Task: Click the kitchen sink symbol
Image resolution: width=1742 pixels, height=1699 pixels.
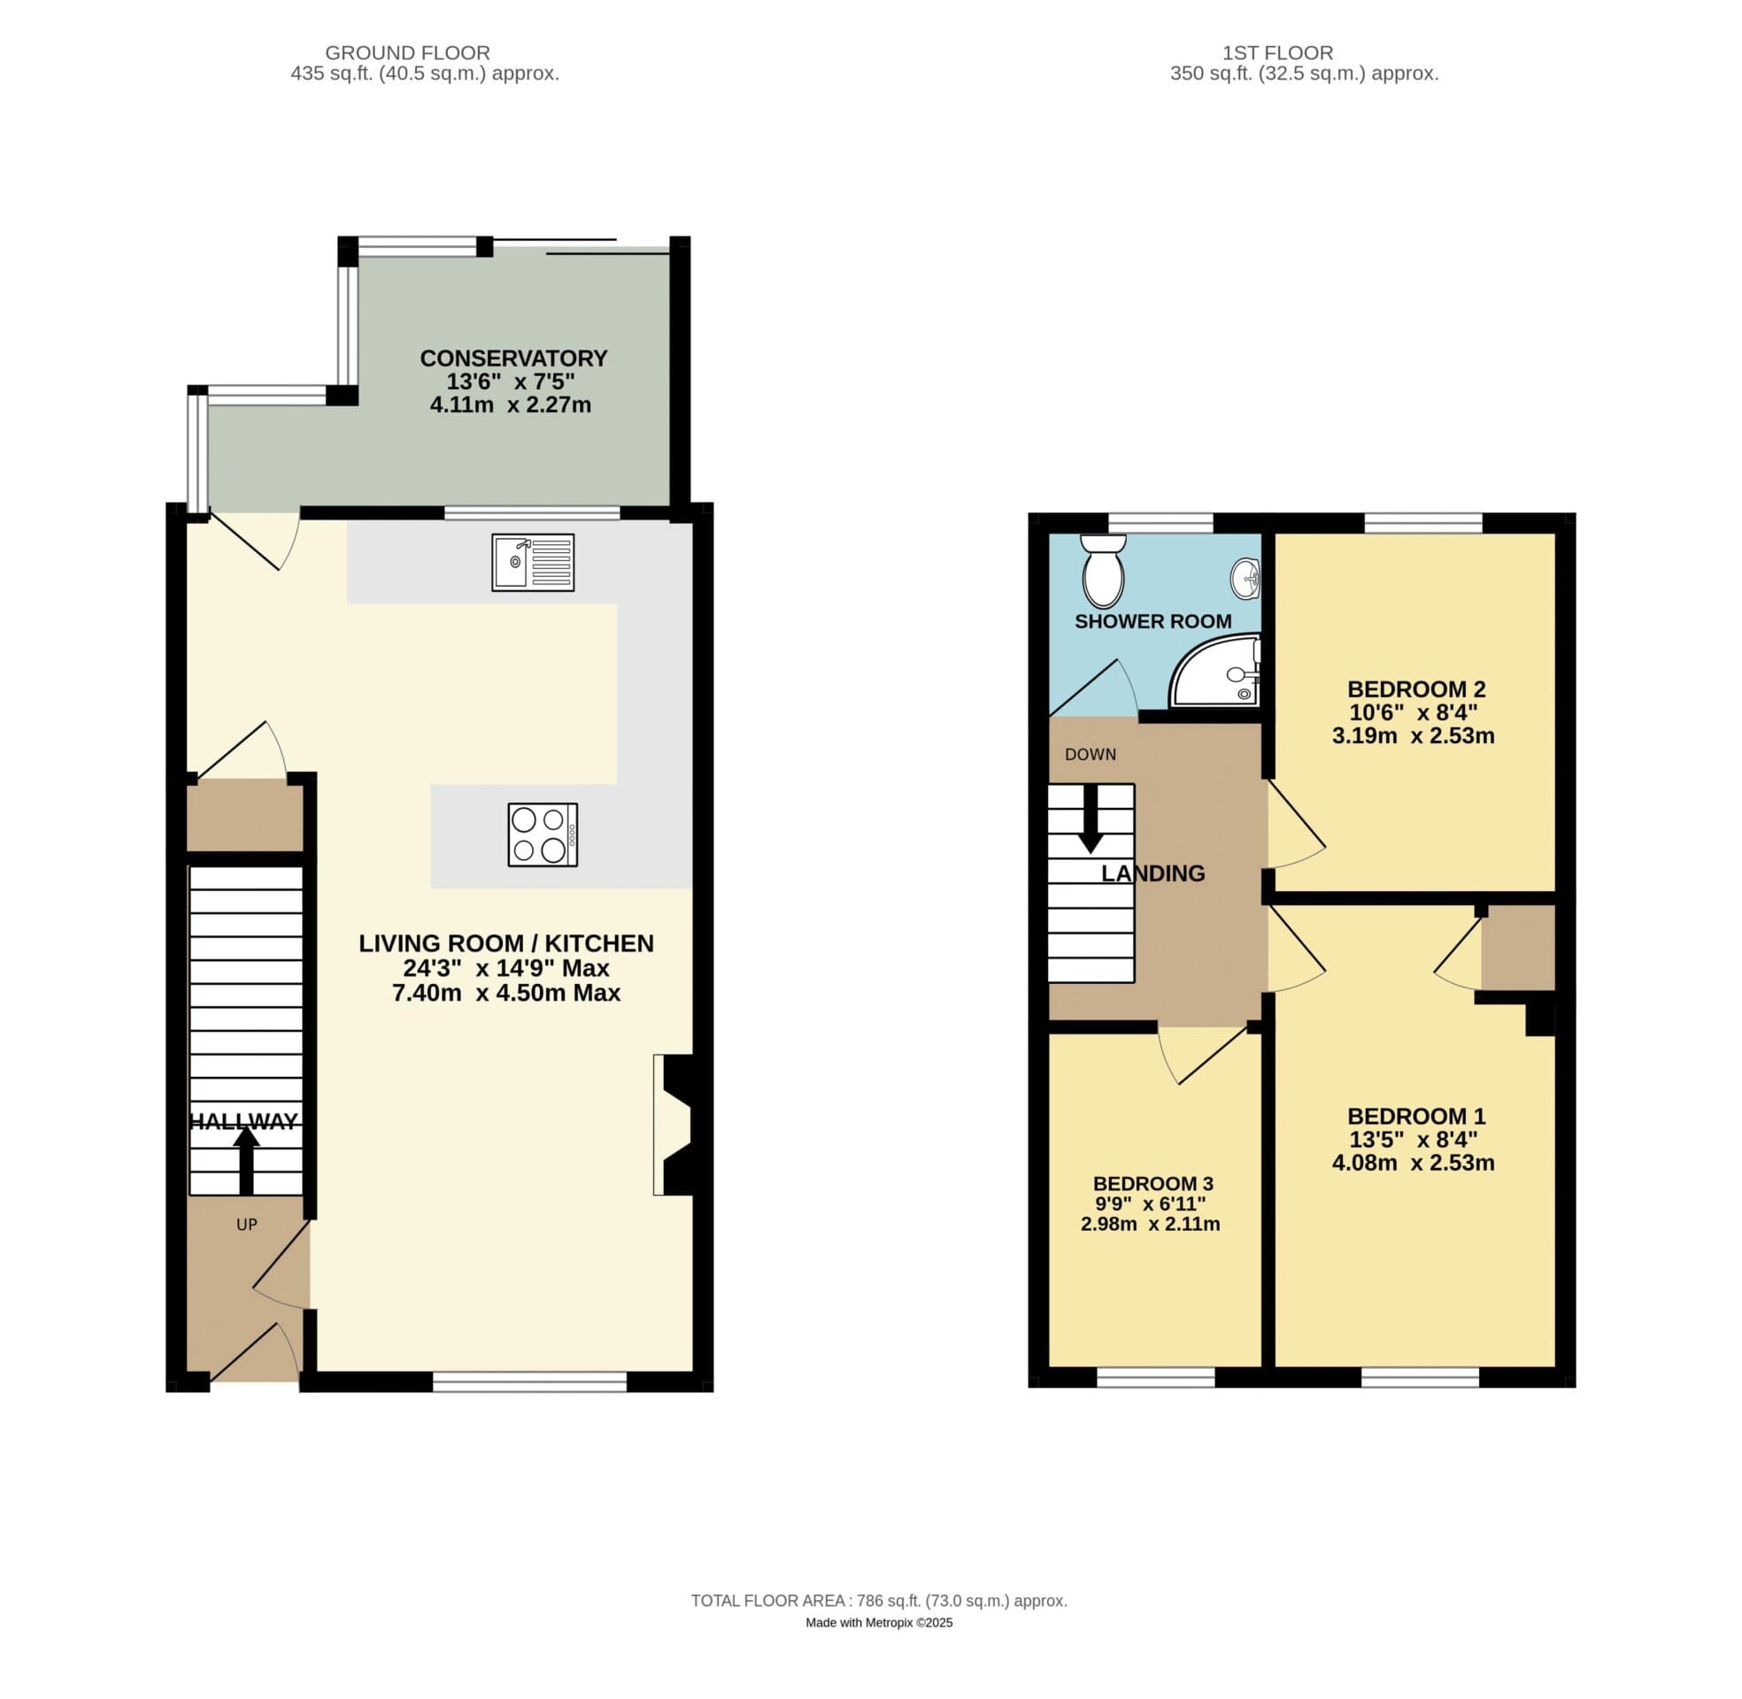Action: point(532,562)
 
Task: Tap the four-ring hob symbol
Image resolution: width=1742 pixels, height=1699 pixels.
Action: point(543,834)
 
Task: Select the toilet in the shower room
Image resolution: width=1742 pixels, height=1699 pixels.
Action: point(1104,571)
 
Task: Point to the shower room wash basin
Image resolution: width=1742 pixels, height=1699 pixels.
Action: point(1245,578)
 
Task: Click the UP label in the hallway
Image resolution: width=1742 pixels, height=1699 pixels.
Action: point(246,1225)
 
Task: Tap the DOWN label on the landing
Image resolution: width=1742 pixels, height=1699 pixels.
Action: point(1090,754)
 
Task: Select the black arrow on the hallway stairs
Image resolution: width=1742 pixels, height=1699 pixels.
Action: point(246,1160)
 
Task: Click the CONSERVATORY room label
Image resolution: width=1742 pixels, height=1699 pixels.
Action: point(513,357)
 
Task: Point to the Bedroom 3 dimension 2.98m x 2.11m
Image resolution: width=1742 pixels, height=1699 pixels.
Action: point(1150,1225)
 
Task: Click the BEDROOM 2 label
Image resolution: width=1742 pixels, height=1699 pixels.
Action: point(1415,688)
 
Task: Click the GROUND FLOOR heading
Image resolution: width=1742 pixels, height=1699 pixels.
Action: point(407,52)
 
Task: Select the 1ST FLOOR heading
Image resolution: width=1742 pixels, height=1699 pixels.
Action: point(1277,52)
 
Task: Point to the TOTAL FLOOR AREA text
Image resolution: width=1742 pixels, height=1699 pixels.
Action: point(878,1601)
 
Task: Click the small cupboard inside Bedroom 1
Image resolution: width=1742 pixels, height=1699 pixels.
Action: point(1517,948)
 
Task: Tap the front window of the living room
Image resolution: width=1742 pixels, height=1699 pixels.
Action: point(529,1381)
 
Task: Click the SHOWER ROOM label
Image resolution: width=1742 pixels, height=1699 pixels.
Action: point(1152,621)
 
